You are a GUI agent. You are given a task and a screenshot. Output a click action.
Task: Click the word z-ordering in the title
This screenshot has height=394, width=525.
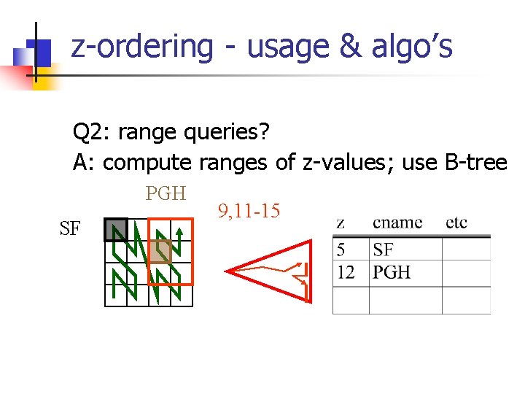[142, 47]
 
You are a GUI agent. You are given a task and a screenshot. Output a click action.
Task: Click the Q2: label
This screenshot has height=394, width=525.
[92, 133]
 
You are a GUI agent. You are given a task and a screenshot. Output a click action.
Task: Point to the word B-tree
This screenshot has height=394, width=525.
[475, 162]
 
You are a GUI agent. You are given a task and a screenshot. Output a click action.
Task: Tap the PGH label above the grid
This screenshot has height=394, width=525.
[166, 193]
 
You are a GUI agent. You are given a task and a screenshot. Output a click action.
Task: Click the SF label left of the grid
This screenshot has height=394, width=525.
[70, 229]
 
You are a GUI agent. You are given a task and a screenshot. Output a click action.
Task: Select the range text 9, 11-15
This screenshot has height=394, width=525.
[249, 212]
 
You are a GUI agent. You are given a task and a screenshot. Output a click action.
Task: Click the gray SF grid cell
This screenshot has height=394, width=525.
[115, 230]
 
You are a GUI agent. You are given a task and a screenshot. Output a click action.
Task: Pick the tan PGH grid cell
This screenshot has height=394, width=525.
[160, 252]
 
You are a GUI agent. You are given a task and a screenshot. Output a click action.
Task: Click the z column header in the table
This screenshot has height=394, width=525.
[341, 223]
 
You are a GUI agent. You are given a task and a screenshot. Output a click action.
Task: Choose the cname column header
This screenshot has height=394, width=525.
[397, 223]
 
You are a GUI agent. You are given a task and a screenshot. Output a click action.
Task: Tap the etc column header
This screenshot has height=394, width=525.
[456, 223]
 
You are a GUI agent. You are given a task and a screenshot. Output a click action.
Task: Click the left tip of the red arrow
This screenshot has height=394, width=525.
[227, 271]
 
